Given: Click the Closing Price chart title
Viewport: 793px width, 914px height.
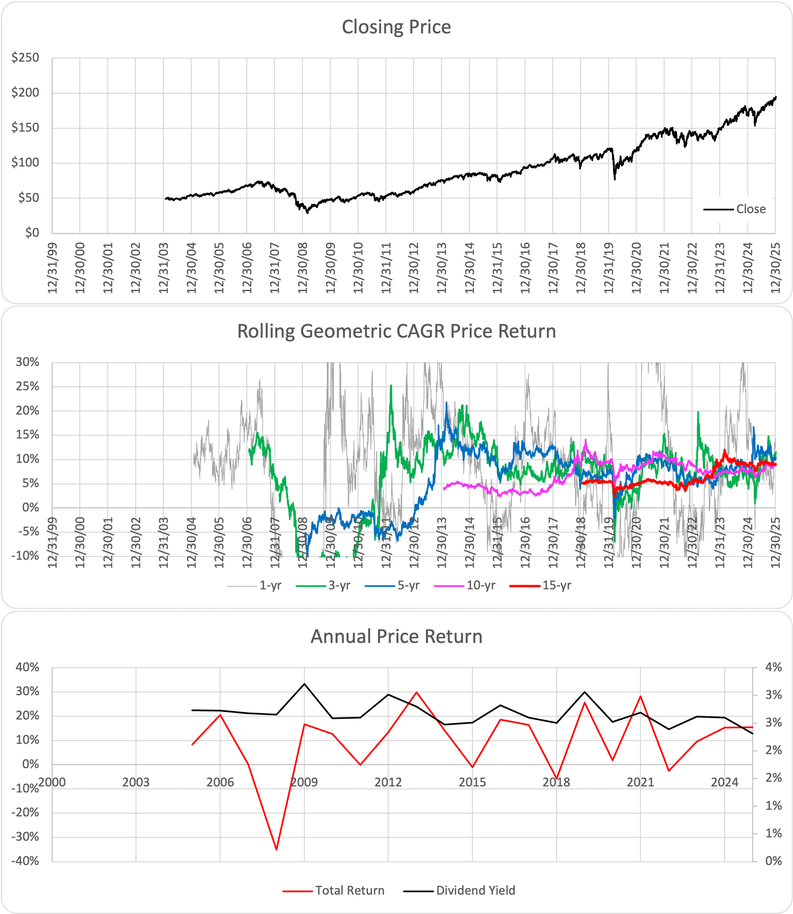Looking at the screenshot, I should pos(396,27).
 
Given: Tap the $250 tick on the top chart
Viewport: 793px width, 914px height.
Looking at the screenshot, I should pos(26,57).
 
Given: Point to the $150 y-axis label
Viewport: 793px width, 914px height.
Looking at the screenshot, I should pos(26,128).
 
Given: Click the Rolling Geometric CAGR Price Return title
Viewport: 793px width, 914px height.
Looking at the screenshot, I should pos(396,331).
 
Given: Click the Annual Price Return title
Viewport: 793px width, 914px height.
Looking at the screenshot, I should pos(396,636).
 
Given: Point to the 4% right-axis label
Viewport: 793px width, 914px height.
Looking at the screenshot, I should pos(773,667).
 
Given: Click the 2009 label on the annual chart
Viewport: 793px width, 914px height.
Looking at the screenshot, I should pos(304,782).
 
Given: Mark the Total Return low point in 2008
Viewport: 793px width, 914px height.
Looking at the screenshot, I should pos(276,850).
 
